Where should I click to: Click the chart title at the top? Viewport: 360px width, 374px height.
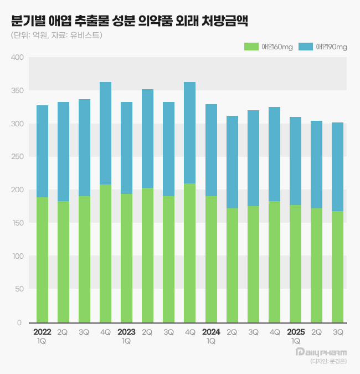tap(129, 22)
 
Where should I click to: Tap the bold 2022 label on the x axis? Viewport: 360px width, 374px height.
tap(42, 332)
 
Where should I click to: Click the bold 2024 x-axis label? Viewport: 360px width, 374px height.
tap(211, 332)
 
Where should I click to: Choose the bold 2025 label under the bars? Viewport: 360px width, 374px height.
tap(296, 332)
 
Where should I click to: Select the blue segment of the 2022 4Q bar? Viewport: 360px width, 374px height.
tap(105, 133)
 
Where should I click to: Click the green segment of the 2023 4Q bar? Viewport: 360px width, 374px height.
tap(190, 252)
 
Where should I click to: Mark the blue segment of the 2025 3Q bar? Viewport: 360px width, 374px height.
tap(338, 166)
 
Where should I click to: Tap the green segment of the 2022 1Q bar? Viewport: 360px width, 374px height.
tap(42, 259)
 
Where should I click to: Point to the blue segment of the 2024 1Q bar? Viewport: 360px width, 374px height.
tap(211, 150)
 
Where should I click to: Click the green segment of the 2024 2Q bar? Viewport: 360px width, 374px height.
tap(232, 265)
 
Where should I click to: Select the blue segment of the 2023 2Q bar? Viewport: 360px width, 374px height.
tap(147, 139)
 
